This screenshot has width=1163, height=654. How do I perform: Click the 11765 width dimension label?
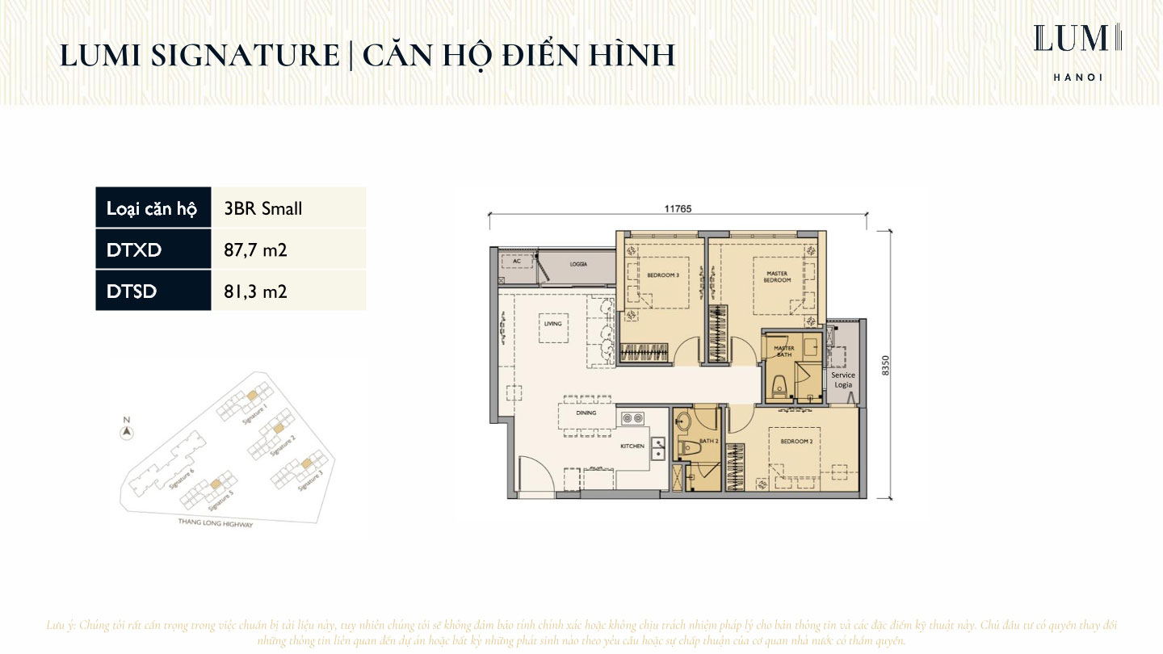[678, 208]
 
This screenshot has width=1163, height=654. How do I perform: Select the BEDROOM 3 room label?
[662, 275]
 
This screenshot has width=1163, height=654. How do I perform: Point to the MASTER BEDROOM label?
[777, 277]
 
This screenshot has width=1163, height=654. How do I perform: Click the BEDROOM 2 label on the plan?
[796, 442]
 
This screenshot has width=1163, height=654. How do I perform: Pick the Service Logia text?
[843, 379]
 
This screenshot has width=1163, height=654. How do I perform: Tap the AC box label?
[516, 262]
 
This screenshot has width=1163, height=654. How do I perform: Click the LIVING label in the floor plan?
[552, 324]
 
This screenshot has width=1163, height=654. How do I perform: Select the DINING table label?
[586, 413]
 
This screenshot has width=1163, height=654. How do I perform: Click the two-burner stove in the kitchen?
[632, 418]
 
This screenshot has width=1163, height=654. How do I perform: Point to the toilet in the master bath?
[779, 387]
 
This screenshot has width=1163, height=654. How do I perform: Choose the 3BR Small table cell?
[263, 208]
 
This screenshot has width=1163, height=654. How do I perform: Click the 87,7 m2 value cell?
[255, 250]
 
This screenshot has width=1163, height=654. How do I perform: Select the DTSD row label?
[132, 291]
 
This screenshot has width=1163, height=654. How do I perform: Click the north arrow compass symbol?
[126, 432]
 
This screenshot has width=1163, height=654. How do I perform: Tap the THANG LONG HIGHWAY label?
[216, 524]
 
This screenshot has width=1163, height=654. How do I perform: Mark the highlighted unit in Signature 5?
[216, 484]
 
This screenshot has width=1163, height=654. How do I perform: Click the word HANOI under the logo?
[1077, 78]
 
